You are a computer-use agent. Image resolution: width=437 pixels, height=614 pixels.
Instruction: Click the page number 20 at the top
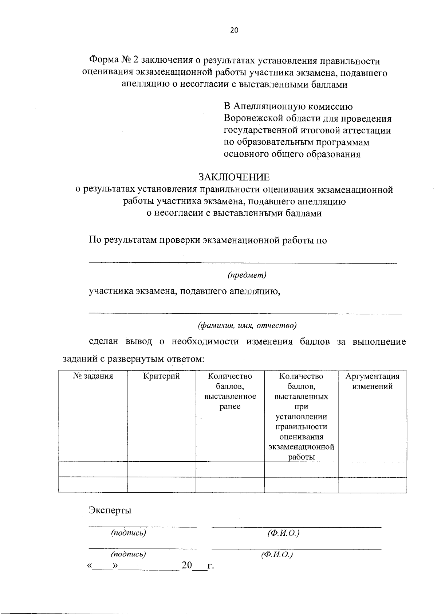(x=234, y=31)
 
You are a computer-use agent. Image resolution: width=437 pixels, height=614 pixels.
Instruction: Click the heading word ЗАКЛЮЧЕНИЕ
(x=234, y=177)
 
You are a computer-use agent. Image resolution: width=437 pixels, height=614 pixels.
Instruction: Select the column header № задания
(x=93, y=376)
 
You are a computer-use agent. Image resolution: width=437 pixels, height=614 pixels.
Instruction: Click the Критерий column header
(x=162, y=376)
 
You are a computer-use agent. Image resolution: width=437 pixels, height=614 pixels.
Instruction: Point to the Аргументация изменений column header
(x=372, y=381)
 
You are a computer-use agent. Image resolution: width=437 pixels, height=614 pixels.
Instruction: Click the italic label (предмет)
(x=247, y=275)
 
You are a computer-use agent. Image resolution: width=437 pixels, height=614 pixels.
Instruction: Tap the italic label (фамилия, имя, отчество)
(x=247, y=325)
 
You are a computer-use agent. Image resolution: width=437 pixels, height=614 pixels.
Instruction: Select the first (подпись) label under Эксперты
(x=129, y=533)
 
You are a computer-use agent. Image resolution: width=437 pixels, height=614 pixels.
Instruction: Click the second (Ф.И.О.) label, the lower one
(x=277, y=555)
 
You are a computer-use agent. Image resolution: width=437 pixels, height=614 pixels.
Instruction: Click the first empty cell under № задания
(x=93, y=469)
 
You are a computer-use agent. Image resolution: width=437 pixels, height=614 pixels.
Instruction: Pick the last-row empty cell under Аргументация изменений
(x=372, y=485)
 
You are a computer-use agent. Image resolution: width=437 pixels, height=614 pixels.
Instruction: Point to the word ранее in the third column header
(x=230, y=407)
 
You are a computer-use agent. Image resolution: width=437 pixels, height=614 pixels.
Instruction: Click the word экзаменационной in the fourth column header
(x=301, y=447)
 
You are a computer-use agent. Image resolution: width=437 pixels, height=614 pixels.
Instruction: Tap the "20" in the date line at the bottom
(x=187, y=566)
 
